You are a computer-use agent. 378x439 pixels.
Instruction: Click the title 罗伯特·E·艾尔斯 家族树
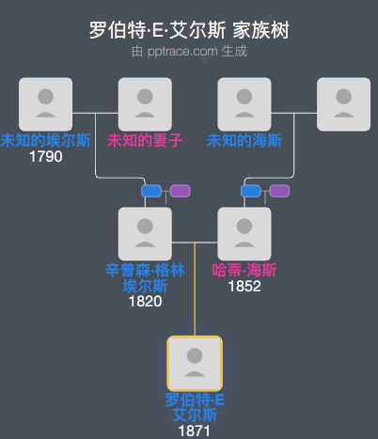coord(189,29)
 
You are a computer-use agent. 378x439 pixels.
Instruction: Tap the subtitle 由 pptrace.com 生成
coord(189,51)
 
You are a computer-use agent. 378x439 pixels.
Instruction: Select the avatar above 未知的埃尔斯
coord(45,104)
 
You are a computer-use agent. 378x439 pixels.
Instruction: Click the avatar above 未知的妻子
coord(145,104)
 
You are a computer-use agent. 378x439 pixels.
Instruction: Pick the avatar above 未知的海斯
coord(244,104)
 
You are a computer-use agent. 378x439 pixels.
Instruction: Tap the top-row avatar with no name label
coord(343,104)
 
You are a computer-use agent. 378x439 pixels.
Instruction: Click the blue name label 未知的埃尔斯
coord(45,141)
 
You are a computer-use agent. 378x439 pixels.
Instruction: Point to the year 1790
coord(45,157)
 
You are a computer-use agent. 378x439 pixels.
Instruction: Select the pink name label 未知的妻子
coord(145,141)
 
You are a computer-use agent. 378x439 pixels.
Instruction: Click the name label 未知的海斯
coord(244,141)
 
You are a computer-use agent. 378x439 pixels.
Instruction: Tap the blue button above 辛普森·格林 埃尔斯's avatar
coord(151,191)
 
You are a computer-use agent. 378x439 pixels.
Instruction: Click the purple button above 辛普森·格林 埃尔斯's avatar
coord(180,191)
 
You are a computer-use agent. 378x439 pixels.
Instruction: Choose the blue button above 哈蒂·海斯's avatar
coord(250,191)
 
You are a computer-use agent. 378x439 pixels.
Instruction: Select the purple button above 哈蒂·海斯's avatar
coord(279,191)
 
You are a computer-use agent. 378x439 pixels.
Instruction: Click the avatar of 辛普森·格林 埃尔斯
coord(145,234)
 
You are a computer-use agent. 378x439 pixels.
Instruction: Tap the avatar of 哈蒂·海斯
coord(244,234)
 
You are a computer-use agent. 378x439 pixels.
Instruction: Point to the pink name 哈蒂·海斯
coord(244,271)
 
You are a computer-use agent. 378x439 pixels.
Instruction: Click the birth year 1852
coord(244,286)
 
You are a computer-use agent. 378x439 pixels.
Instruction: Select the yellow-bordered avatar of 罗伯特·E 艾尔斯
coord(195,363)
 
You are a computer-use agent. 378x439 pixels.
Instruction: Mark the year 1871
coord(195,430)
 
